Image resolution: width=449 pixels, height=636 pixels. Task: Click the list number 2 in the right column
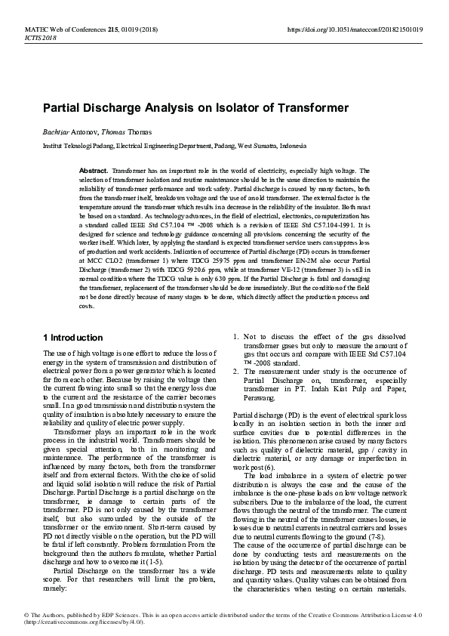tap(236, 372)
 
